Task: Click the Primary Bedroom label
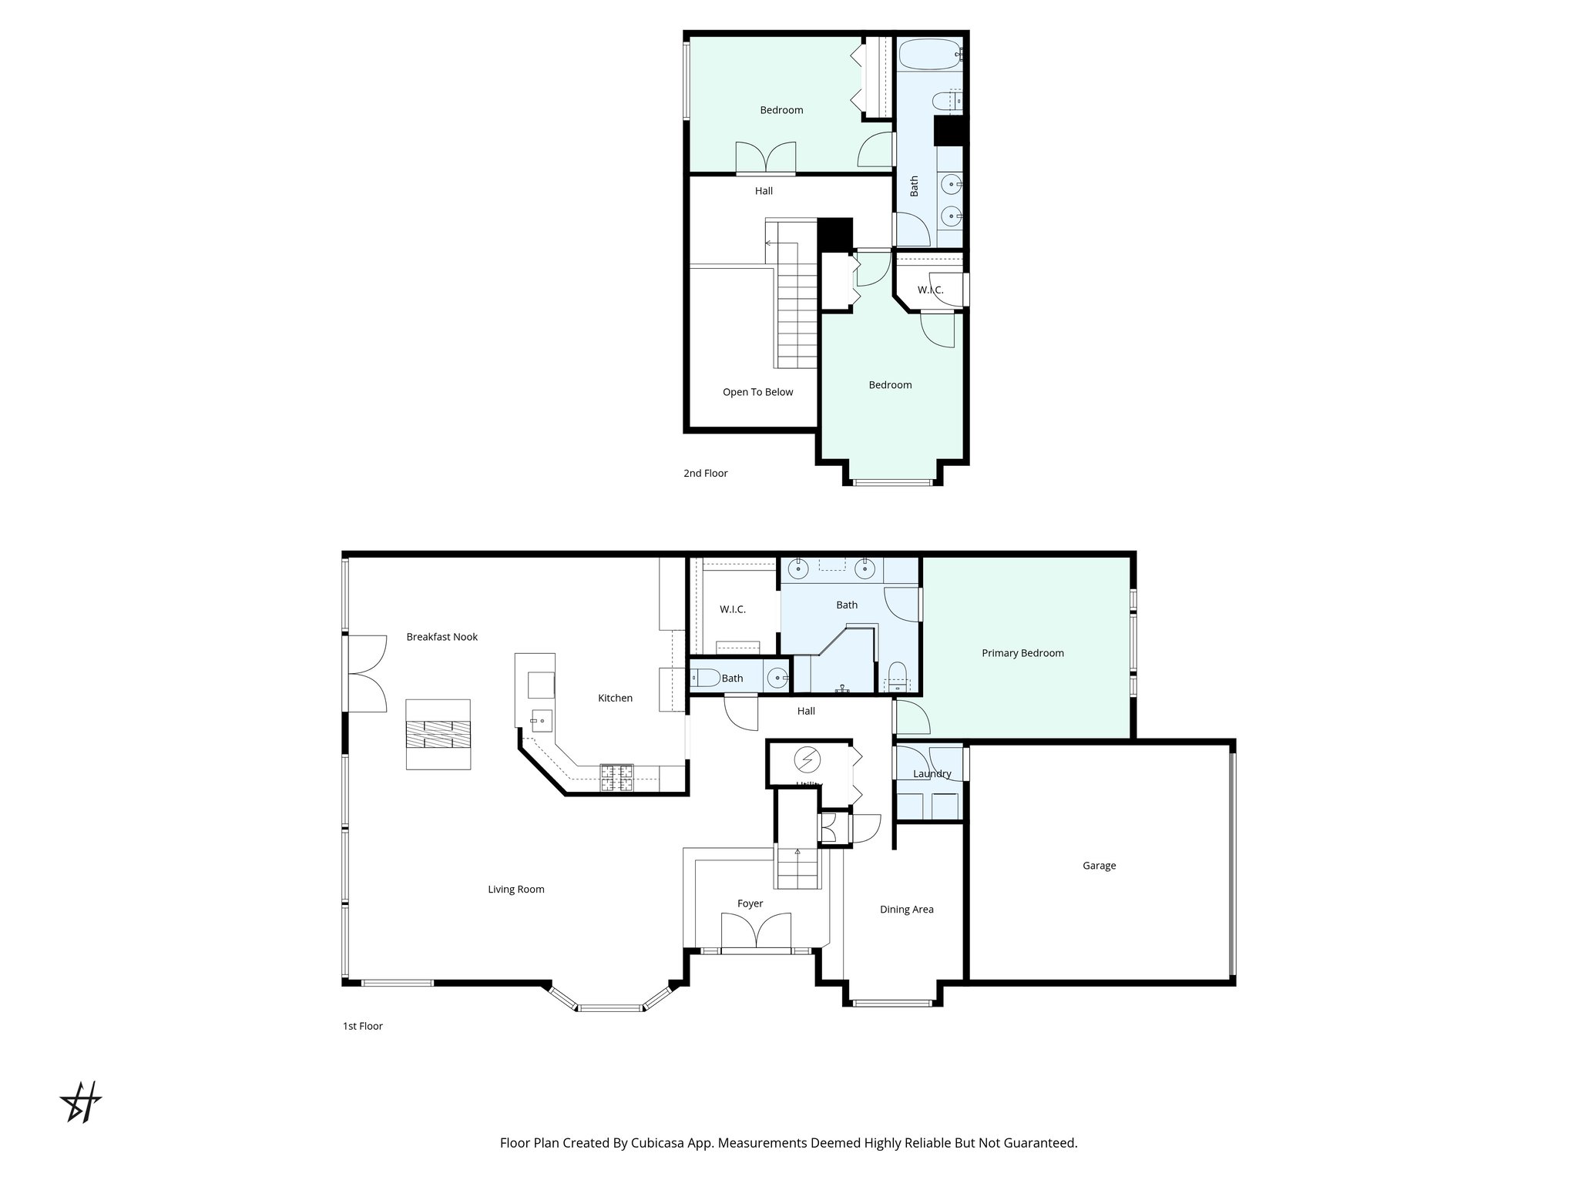point(1022,653)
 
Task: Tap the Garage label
point(1099,866)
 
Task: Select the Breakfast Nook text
point(442,637)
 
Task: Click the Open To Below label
point(757,392)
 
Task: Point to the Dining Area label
point(906,910)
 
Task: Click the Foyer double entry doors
point(756,932)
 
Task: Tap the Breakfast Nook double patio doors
point(367,674)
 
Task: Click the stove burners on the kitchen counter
point(616,777)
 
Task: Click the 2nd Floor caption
point(705,474)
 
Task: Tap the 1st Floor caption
point(362,1026)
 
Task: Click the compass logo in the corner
point(81,1102)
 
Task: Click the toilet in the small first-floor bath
point(706,679)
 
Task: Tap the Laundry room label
point(932,774)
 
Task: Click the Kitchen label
point(615,699)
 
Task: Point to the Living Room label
point(515,890)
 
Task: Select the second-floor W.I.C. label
point(930,290)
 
